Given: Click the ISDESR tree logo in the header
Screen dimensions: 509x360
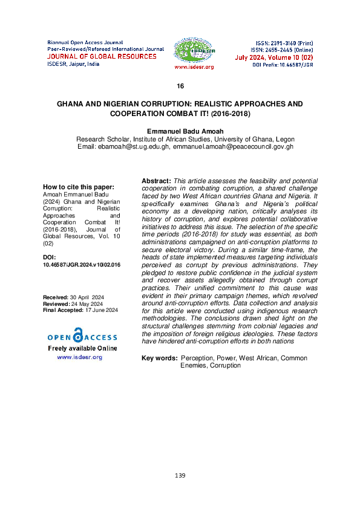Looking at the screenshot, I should (194, 50).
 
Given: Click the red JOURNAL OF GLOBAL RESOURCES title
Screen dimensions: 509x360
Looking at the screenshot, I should (102, 56).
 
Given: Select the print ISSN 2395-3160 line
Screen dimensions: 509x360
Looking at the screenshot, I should (283, 44).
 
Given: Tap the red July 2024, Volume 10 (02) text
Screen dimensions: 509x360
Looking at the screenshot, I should (273, 57).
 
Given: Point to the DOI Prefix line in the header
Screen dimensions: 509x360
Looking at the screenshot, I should (283, 64).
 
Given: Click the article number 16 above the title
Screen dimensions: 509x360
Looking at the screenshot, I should (180, 86).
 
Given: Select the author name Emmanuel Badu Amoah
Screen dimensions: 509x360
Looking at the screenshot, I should (180, 131).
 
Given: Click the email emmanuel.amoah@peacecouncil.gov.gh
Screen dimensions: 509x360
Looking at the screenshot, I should (233, 146).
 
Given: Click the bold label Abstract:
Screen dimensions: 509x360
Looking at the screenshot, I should (156, 181).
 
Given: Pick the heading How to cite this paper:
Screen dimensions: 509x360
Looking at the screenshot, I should (78, 187).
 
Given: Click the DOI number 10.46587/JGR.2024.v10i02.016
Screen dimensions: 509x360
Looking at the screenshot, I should (82, 265).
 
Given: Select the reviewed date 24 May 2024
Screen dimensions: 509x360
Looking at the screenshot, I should (87, 305).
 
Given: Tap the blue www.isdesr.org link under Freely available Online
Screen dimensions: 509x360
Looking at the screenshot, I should (79, 357).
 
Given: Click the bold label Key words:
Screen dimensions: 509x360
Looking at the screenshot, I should (160, 358).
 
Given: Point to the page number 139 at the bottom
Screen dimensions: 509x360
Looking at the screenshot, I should (180, 476).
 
